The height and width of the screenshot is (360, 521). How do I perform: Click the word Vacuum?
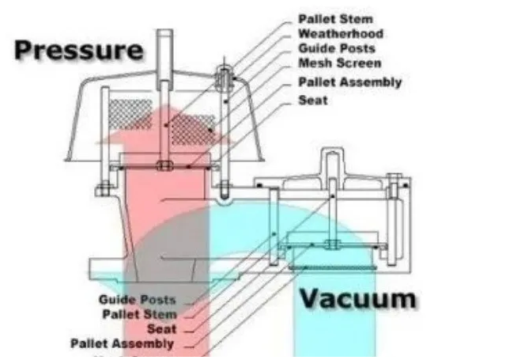tap(357, 298)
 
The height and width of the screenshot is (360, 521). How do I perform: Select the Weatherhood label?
tap(340, 33)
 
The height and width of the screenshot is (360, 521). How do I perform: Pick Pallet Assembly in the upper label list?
tap(349, 81)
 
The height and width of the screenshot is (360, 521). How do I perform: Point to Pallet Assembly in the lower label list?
tap(122, 343)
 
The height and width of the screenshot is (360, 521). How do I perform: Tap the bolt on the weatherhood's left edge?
tap(104, 188)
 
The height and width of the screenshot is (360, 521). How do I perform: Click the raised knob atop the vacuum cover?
tap(330, 162)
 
